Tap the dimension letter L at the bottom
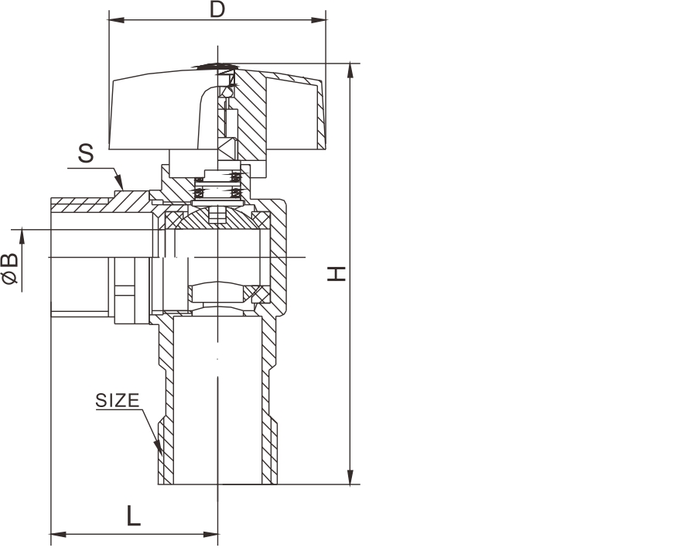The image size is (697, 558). (134, 516)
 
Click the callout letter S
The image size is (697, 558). (86, 153)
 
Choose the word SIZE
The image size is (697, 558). (118, 401)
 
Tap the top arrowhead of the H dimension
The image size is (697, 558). (351, 69)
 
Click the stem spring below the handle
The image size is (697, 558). (218, 187)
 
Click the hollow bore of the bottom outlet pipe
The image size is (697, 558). (217, 402)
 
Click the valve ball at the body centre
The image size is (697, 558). (218, 255)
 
